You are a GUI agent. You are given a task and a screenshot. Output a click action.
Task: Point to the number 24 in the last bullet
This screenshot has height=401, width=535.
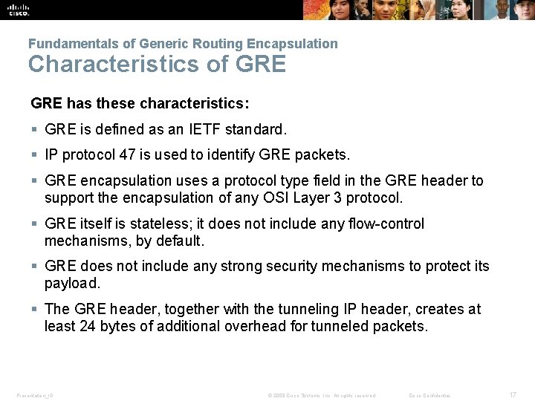point(87,326)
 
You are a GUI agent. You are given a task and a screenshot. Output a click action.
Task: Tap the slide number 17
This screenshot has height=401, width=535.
point(511,395)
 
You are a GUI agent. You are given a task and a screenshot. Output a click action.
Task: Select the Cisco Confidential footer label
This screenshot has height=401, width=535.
point(429,395)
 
